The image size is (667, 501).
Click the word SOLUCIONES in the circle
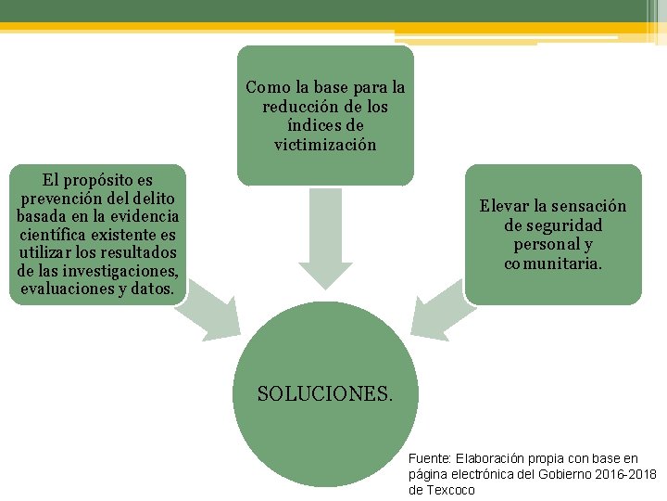[x=324, y=393]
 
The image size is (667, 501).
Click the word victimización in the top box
[x=325, y=145]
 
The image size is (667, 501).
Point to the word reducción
[x=298, y=107]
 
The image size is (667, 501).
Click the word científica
[x=54, y=234]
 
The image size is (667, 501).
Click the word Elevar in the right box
[x=504, y=206]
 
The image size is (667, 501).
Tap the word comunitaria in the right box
[x=552, y=263]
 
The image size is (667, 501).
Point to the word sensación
[x=592, y=206]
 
